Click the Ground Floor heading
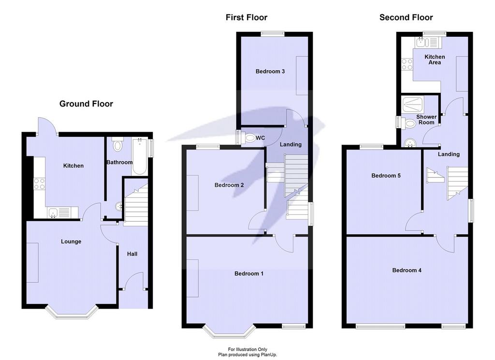click(86, 104)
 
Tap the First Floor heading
click(247, 17)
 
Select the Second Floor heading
click(406, 17)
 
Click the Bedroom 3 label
click(270, 72)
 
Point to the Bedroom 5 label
click(386, 176)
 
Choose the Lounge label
click(71, 241)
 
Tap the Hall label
click(132, 254)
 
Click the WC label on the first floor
click(261, 138)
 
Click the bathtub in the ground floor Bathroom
click(139, 156)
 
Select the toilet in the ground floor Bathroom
click(118, 144)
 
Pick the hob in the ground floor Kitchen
click(40, 184)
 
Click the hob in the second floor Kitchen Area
click(407, 64)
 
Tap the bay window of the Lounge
click(71, 312)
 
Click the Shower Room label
click(426, 120)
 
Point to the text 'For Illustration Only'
click(247, 349)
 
